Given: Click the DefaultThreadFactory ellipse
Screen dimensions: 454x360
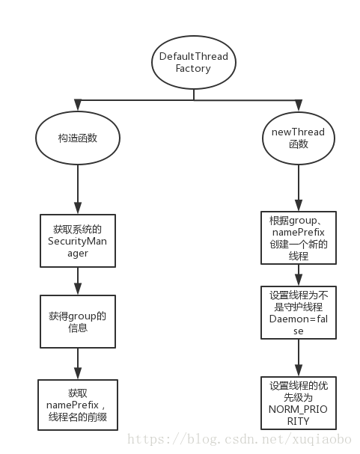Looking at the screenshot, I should tap(193, 63).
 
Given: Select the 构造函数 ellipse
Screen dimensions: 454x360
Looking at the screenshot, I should tap(77, 139).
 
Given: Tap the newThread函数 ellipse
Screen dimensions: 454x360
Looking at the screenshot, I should tap(297, 138).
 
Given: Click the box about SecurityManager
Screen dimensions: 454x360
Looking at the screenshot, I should tap(78, 240).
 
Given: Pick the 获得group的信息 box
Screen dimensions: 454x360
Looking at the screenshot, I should tap(78, 321).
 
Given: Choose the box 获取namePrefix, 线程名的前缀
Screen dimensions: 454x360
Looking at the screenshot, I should tap(78, 405).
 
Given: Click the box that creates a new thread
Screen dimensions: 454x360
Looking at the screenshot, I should tap(297, 238).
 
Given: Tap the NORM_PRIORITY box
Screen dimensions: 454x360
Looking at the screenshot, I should tap(297, 405).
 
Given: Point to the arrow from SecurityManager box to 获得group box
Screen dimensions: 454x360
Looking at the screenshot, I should tap(78, 280).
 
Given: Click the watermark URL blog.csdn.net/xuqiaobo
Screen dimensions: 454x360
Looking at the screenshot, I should tap(242, 439).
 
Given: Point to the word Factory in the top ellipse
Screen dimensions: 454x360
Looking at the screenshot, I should tap(193, 70).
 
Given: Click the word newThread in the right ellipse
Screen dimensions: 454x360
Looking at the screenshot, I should tap(297, 132).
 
